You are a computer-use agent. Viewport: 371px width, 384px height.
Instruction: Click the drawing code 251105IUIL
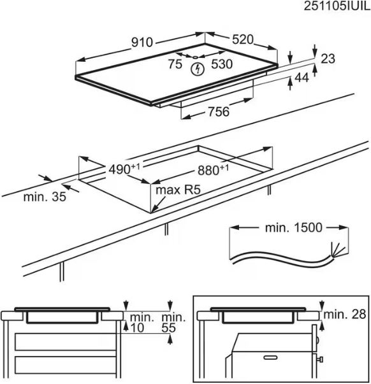[337, 6]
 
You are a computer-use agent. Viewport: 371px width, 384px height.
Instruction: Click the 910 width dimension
[142, 42]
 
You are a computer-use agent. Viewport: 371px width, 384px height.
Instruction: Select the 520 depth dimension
[242, 39]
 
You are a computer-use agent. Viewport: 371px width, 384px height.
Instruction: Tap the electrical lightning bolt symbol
[198, 69]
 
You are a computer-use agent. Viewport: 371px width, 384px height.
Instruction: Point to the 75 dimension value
[175, 64]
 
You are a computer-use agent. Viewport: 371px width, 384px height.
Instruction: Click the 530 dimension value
[222, 64]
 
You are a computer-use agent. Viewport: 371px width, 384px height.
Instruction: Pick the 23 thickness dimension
[328, 59]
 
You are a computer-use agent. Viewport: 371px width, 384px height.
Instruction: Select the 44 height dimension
[302, 78]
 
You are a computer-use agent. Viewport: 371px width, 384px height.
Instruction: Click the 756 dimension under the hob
[219, 111]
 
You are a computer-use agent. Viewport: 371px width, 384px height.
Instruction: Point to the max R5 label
[178, 190]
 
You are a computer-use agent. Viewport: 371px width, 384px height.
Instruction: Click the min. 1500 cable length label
[294, 228]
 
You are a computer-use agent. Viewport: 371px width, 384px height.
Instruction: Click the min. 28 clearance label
[345, 314]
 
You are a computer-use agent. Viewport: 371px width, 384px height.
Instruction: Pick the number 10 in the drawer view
[137, 328]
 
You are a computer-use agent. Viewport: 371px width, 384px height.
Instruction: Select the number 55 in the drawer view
[169, 328]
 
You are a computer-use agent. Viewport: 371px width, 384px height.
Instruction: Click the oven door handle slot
[270, 357]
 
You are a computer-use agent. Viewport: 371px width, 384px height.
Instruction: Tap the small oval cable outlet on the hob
[195, 57]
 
